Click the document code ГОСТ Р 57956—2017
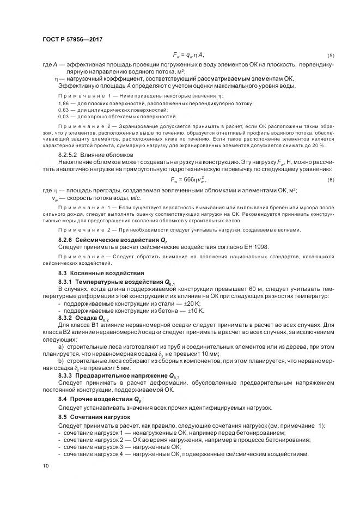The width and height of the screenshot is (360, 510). pyautogui.click(x=72, y=39)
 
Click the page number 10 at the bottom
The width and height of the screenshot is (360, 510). pyautogui.click(x=45, y=465)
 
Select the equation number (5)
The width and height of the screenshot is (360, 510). pyautogui.click(x=330, y=56)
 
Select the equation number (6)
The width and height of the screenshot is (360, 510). pyautogui.click(x=330, y=180)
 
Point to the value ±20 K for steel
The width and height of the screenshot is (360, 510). pyautogui.click(x=193, y=303)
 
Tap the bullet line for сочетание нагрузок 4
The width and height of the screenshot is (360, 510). pyautogui.click(x=186, y=454)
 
